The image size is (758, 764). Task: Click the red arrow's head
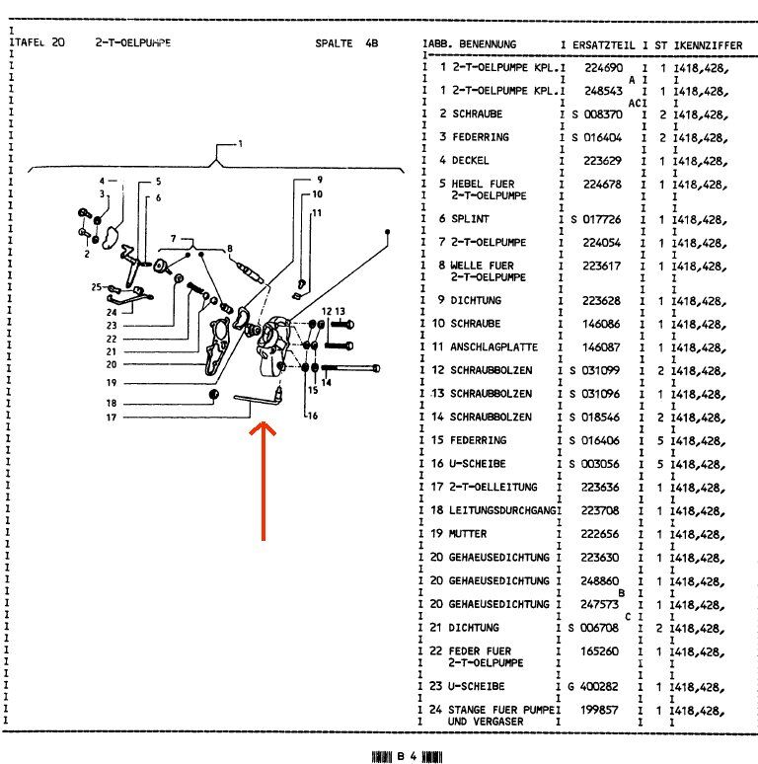[x=263, y=428]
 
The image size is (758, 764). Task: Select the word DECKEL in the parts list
[x=471, y=160]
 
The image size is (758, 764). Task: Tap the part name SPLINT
[x=471, y=218]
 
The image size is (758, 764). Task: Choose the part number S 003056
[x=596, y=463]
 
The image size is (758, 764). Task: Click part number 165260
[x=602, y=650]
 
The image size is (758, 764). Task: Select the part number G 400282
[x=596, y=685]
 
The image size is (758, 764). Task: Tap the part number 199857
[x=602, y=709]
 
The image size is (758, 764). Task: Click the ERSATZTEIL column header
[x=602, y=44]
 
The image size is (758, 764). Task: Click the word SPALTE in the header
[x=334, y=44]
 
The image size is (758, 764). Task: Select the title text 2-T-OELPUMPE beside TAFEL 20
[x=132, y=44]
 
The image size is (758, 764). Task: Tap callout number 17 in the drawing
[x=112, y=417]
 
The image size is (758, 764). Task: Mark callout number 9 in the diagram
[x=320, y=180]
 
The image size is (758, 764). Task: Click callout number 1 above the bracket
[x=238, y=144]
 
